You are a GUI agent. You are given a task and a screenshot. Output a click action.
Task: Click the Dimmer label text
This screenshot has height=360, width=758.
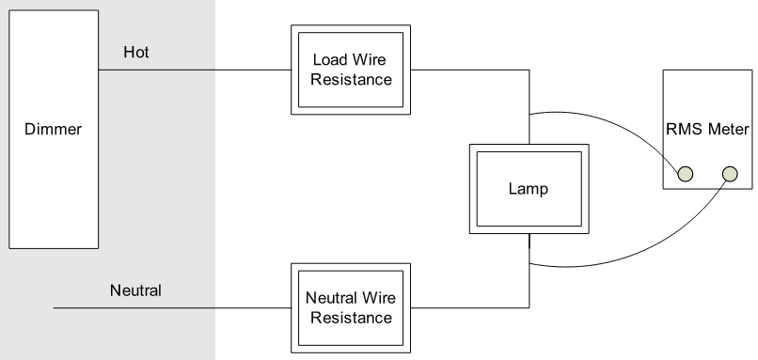[x=52, y=129]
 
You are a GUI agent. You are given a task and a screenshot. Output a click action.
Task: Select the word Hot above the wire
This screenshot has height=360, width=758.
[x=136, y=53]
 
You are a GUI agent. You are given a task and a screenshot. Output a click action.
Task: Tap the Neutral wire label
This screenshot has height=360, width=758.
[x=135, y=290]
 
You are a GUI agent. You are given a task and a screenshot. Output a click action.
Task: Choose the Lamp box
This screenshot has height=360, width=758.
[x=529, y=188]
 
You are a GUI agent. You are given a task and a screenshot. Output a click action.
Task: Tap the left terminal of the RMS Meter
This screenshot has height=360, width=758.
[x=686, y=174]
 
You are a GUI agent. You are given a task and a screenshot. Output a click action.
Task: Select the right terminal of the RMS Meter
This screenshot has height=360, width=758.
[x=730, y=174]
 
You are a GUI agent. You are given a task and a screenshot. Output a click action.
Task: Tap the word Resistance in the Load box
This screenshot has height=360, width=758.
[x=351, y=80]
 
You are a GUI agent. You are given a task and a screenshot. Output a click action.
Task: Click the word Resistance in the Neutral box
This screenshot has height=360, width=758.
[x=351, y=318]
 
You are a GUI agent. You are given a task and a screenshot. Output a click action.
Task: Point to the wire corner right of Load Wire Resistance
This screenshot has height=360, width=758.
[x=529, y=70]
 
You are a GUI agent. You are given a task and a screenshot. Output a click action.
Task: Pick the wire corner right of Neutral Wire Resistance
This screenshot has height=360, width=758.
[x=529, y=307]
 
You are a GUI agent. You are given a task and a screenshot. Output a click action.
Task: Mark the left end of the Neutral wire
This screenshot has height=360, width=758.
[x=55, y=307]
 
